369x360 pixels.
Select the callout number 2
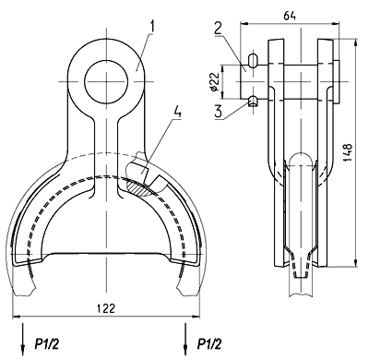click(218, 29)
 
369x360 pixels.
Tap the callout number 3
click(219, 111)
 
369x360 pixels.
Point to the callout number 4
click(177, 112)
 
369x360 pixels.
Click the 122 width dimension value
click(106, 307)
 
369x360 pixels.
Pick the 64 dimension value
click(290, 16)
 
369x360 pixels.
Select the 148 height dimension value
click(347, 152)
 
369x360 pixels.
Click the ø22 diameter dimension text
click(215, 82)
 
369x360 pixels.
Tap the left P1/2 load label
click(46, 343)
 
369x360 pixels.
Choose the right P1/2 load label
click(209, 343)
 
